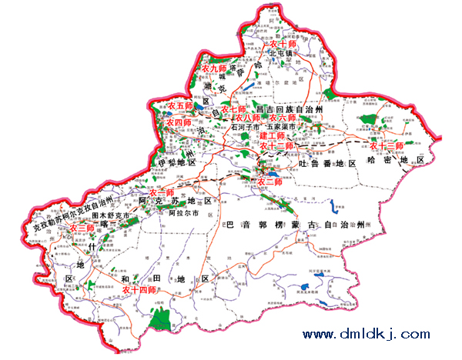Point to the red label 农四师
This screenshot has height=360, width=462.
click(178, 122)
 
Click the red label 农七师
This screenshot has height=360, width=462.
click(233, 109)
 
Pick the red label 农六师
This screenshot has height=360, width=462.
click(283, 118)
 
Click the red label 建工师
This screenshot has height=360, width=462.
click(272, 135)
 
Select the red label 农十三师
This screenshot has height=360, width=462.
click(387, 145)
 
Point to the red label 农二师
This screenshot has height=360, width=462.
click(269, 182)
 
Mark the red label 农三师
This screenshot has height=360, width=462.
click(82, 228)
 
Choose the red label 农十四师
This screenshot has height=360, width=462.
click(139, 290)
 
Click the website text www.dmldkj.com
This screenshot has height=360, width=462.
click(366, 335)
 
